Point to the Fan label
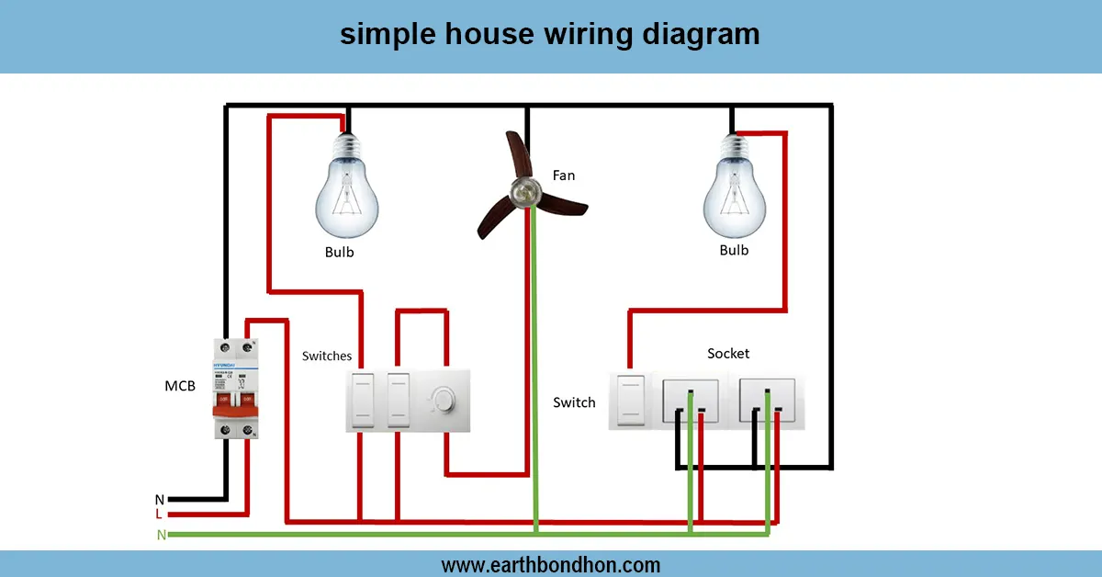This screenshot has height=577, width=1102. click(564, 175)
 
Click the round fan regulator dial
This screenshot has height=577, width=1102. click(442, 400)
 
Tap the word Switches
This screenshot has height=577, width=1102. click(327, 356)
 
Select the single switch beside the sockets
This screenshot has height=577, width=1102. click(630, 399)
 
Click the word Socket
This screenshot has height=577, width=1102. click(728, 353)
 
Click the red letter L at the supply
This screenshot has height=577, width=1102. click(159, 515)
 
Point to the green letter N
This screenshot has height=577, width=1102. click(162, 535)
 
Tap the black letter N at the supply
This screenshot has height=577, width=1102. click(159, 499)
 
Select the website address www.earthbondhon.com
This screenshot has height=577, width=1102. click(550, 564)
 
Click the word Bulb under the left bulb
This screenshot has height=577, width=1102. click(339, 252)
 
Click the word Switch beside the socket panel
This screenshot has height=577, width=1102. click(574, 402)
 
